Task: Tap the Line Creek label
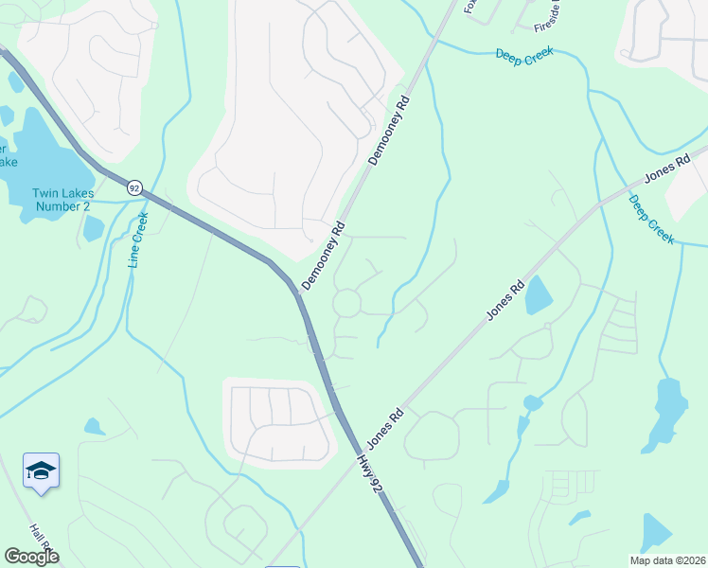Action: (x=138, y=239)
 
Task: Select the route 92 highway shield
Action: (x=135, y=186)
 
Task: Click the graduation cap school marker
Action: (x=42, y=471)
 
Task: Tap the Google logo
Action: (x=31, y=557)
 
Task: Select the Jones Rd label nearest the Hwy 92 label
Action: (x=385, y=428)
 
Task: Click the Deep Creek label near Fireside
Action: (x=524, y=55)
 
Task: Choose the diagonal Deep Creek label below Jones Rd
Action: (x=651, y=220)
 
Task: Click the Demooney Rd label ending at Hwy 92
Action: (x=323, y=257)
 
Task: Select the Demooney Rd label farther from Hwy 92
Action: (x=388, y=131)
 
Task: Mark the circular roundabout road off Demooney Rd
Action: (x=346, y=303)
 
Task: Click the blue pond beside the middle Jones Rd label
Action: (x=537, y=294)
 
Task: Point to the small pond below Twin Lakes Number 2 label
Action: (x=93, y=228)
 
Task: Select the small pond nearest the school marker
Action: (x=94, y=426)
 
